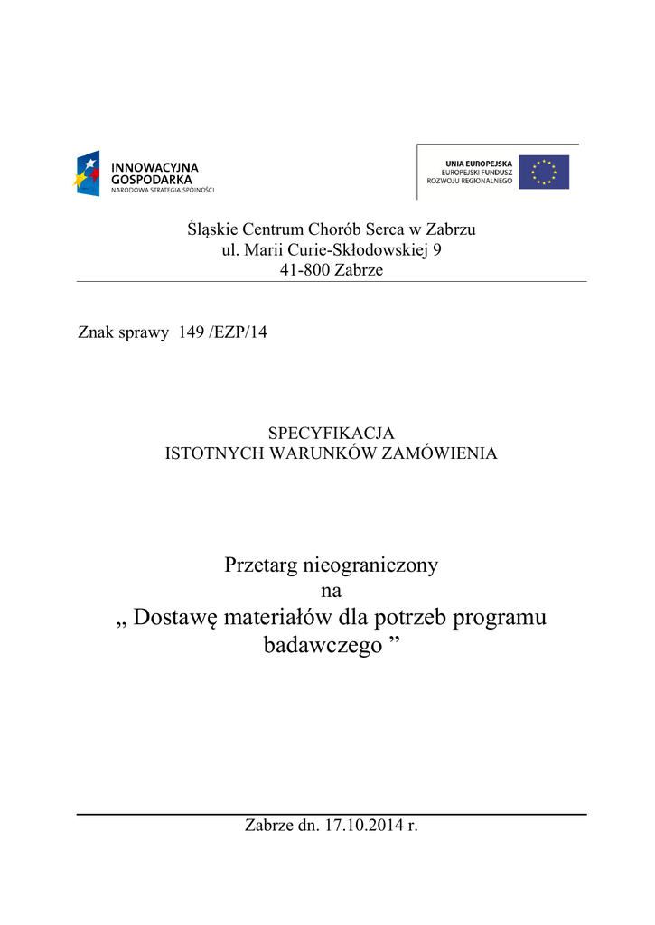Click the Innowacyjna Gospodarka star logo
pos(87,173)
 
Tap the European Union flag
pos(544,172)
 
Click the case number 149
pos(192,332)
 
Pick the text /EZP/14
pos(239,332)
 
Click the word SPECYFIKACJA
pos(332,434)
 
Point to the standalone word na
pos(332,592)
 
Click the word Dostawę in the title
pos(176,619)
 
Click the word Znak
pos(97,332)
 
